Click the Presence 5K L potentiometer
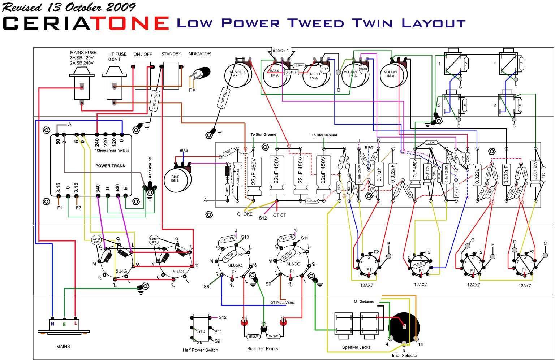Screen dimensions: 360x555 pyautogui.click(x=237, y=75)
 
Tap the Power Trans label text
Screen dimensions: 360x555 pyautogui.click(x=110, y=166)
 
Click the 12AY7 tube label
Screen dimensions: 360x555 pyautogui.click(x=525, y=285)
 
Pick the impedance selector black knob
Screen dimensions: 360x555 pyautogui.click(x=405, y=327)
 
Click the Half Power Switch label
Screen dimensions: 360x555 pyautogui.click(x=200, y=350)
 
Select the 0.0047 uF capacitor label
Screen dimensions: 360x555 pyautogui.click(x=281, y=51)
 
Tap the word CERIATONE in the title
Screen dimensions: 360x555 pyautogui.click(x=86, y=23)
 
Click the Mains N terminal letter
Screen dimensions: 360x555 pyautogui.click(x=52, y=324)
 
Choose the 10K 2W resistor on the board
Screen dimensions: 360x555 pyautogui.click(x=313, y=201)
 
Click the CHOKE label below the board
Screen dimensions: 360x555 pyautogui.click(x=245, y=214)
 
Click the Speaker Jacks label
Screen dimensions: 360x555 pyautogui.click(x=356, y=347)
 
